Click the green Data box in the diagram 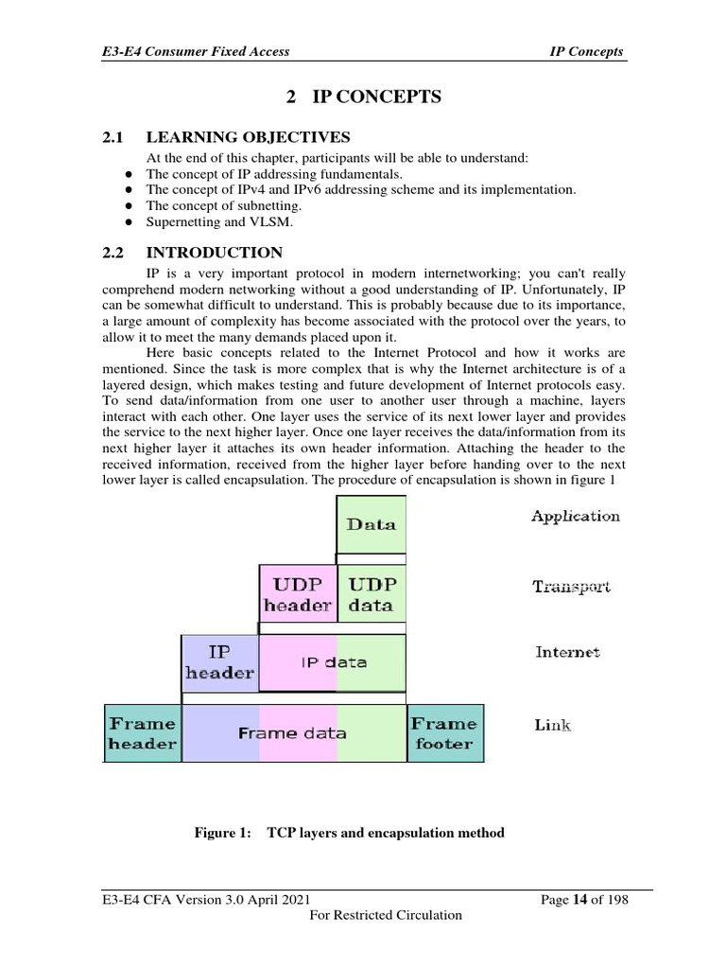coord(371,523)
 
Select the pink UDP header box coord(297,594)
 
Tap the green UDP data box coord(371,594)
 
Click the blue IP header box coord(219,662)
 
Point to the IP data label coord(333,662)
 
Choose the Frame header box coord(142,732)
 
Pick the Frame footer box coord(444,732)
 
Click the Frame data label coord(292,733)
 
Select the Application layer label coord(575,517)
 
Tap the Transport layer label coord(571,587)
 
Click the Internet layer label coord(567,652)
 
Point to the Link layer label coord(553,726)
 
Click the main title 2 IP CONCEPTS coord(363,97)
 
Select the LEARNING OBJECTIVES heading coord(248,137)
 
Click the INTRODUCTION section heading coord(214,253)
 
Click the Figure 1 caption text coord(349,833)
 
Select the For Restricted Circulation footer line coord(386,915)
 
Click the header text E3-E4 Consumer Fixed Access coord(196,51)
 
